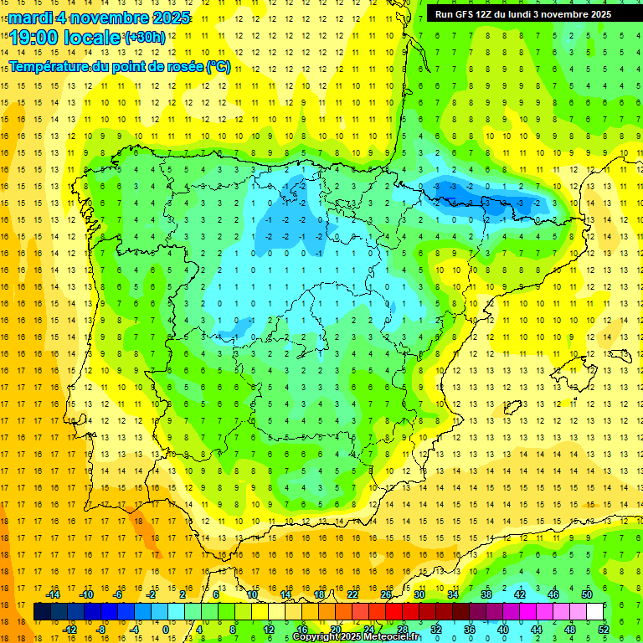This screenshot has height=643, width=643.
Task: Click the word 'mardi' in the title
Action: click(31, 18)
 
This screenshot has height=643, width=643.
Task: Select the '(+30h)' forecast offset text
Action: click(144, 38)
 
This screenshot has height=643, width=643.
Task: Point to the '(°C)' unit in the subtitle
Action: click(218, 66)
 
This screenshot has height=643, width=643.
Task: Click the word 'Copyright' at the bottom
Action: click(317, 637)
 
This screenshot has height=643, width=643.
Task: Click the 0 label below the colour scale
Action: click(166, 629)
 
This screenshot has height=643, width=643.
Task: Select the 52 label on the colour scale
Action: click(604, 629)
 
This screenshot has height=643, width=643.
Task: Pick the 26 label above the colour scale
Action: click(386, 594)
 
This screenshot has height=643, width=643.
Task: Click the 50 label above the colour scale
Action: click(587, 594)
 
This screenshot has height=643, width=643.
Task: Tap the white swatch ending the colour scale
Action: click(595, 612)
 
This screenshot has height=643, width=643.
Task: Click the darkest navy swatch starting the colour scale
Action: click(42, 612)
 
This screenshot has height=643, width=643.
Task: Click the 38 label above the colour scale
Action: click(486, 594)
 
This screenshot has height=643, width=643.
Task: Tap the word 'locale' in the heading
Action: click(91, 37)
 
